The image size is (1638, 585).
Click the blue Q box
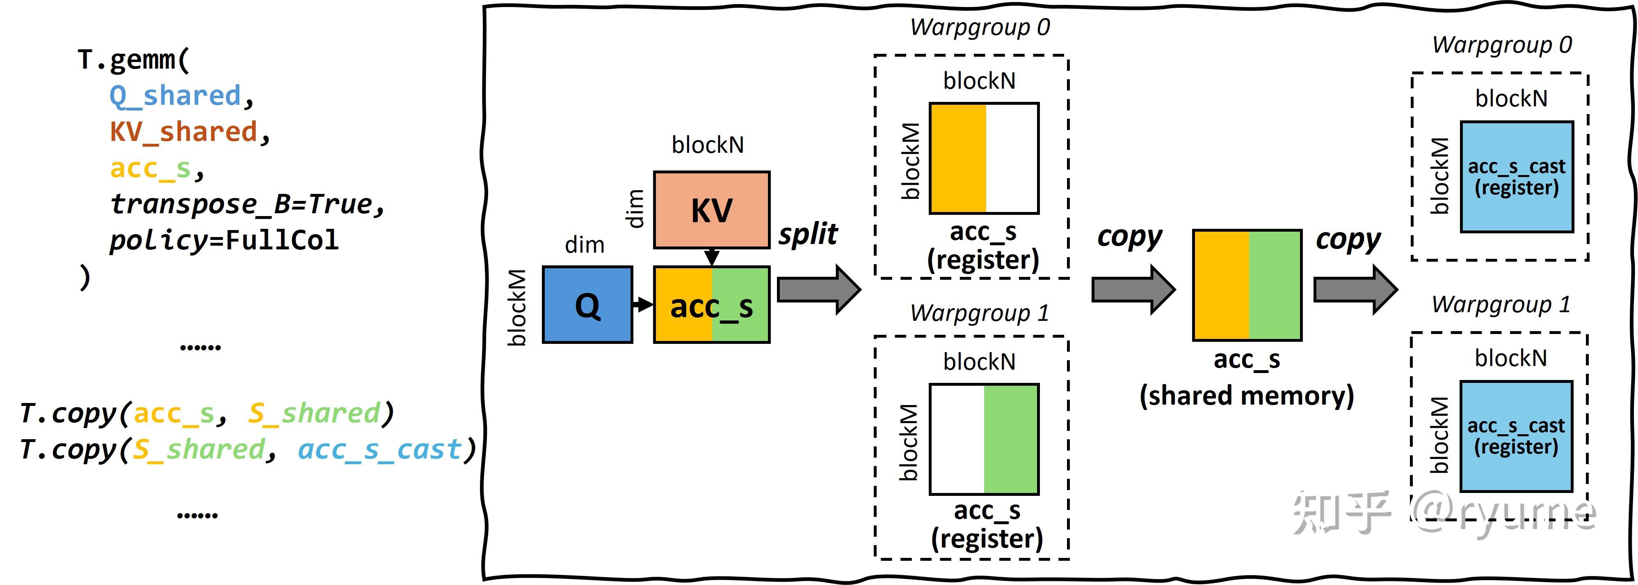[x=587, y=304]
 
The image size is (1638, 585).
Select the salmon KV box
[x=712, y=210]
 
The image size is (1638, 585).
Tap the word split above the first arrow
[x=808, y=234]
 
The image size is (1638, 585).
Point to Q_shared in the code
[x=175, y=95]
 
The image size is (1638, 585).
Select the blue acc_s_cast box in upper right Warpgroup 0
[x=1517, y=176]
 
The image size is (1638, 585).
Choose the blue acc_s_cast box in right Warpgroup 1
[x=1516, y=436]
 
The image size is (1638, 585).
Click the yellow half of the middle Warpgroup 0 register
[x=957, y=158]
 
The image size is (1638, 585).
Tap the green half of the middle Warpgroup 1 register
[x=1011, y=439]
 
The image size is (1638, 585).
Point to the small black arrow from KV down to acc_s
[x=712, y=256]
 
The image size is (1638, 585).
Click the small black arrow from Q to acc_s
[x=643, y=304]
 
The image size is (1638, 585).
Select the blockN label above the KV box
[x=708, y=145]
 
